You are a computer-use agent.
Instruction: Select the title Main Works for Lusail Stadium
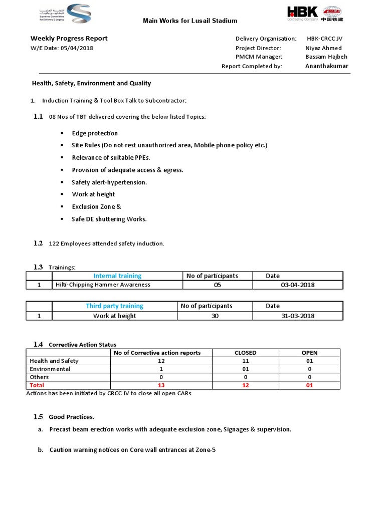190,21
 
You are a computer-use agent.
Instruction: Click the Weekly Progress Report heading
69,38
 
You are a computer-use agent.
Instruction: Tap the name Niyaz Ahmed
323,48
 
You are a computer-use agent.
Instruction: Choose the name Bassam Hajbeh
326,57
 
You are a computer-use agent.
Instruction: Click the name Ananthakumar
326,66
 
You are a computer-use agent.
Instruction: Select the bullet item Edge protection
95,133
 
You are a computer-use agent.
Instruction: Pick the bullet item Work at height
93,194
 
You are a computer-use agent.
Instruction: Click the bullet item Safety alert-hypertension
109,182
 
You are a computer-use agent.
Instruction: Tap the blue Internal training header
117,276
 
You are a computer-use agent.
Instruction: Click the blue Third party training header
114,306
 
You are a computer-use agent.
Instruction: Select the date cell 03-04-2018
298,285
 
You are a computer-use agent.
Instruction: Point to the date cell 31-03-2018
298,316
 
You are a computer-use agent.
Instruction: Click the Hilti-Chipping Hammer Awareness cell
103,285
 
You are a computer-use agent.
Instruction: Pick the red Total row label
37,385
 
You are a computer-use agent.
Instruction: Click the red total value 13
161,385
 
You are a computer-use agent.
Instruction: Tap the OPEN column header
309,353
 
